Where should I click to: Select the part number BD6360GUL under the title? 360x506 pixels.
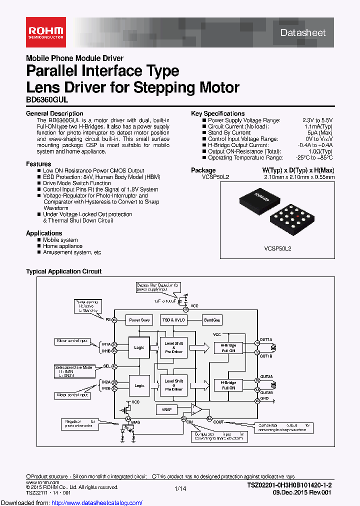click(47, 100)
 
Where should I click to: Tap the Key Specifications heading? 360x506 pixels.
click(217, 113)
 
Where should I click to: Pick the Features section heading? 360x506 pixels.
click(38, 164)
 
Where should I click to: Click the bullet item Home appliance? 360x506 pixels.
click(62, 246)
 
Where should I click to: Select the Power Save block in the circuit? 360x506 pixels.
click(139, 320)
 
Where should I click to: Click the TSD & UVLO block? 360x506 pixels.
click(173, 320)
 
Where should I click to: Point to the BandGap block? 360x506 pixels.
click(212, 320)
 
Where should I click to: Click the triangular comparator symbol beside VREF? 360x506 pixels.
click(197, 410)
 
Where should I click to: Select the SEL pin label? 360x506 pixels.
click(106, 366)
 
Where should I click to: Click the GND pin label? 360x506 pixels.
click(264, 398)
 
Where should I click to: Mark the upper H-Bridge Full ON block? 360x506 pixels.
click(225, 348)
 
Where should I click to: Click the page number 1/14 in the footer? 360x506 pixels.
click(180, 487)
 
